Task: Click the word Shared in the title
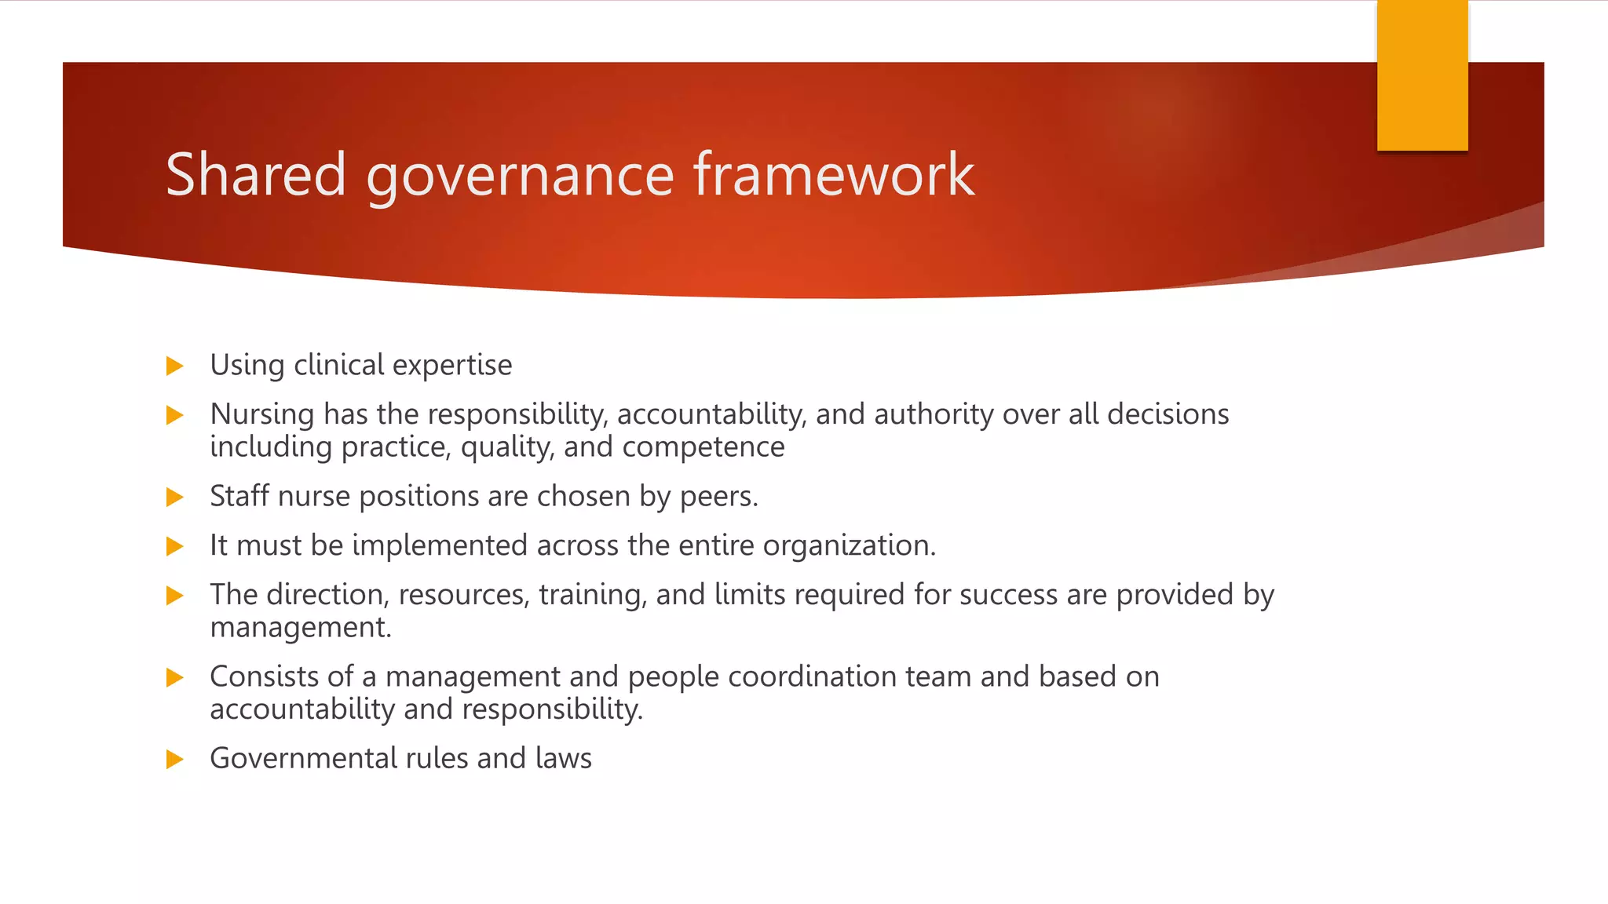pos(255,174)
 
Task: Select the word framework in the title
pos(834,174)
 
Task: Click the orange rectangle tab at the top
pos(1422,75)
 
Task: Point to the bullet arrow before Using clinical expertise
pos(175,366)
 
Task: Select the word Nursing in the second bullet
pos(262,414)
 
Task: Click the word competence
pos(703,447)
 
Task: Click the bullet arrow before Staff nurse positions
pos(175,497)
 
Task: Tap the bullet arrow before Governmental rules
pos(175,759)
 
